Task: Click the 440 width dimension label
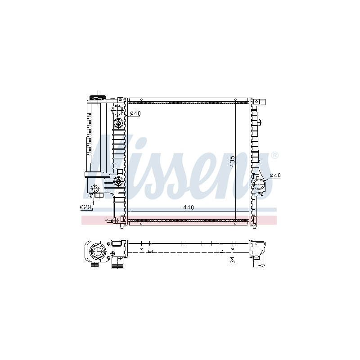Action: pos(188,207)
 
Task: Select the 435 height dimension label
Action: pos(232,162)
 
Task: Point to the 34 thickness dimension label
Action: pos(233,261)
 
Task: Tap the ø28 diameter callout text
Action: pos(85,207)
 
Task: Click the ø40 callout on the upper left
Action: pos(135,113)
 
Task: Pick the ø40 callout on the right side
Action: pos(275,175)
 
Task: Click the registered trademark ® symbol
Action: pos(275,155)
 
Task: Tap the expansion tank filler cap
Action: pos(98,98)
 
